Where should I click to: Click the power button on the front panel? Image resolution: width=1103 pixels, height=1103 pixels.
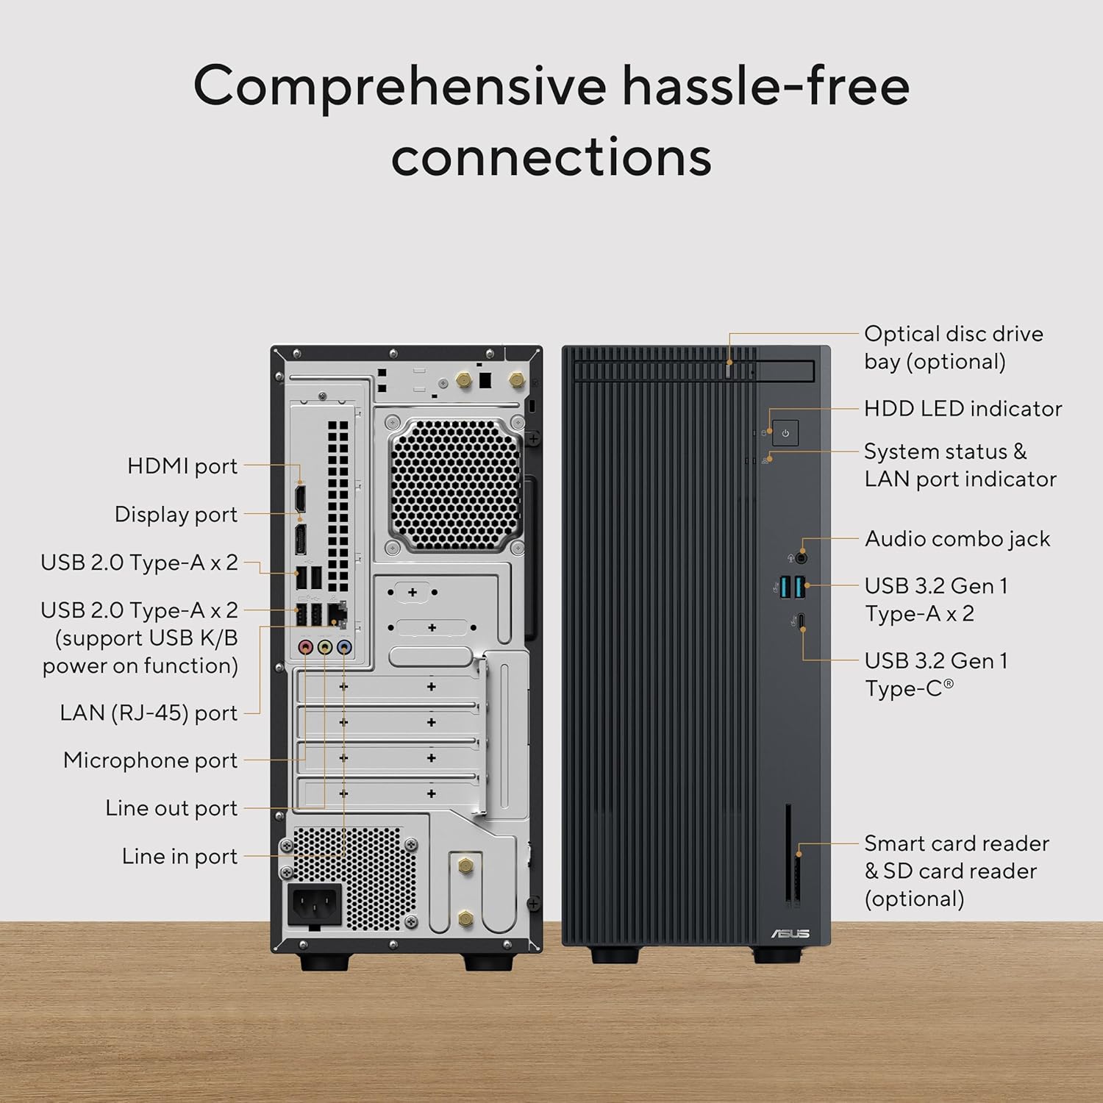[x=785, y=433]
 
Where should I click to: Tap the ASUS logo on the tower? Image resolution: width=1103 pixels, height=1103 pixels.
[x=790, y=933]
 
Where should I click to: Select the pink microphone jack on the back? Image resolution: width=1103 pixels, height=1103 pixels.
[x=306, y=648]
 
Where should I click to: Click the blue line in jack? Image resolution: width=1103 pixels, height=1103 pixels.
[x=344, y=648]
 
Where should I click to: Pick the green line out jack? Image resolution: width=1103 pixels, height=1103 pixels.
[x=325, y=648]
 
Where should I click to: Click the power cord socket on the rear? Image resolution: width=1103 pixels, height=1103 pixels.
[x=314, y=904]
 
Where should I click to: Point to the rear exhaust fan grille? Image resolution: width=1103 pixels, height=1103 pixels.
[x=455, y=485]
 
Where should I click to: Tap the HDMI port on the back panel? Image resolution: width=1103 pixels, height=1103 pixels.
[x=300, y=498]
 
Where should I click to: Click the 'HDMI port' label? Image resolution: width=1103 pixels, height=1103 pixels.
[x=182, y=466]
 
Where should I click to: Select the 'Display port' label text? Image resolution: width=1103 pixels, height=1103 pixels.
[x=176, y=515]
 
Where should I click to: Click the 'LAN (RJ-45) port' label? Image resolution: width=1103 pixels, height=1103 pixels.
[x=149, y=713]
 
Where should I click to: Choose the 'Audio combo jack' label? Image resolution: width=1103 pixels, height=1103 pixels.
[x=957, y=539]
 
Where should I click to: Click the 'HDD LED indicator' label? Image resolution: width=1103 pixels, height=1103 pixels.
[x=963, y=409]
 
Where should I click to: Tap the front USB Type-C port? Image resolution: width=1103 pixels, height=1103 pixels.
[x=802, y=621]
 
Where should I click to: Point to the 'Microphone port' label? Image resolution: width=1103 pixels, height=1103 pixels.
[x=150, y=760]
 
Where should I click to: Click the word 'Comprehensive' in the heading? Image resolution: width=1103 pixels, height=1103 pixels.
[x=399, y=87]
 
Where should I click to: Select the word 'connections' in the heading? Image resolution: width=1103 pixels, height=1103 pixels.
[x=551, y=157]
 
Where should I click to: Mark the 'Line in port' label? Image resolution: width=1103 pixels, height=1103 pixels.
[x=179, y=857]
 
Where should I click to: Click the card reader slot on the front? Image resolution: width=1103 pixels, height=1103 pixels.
[x=788, y=853]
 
